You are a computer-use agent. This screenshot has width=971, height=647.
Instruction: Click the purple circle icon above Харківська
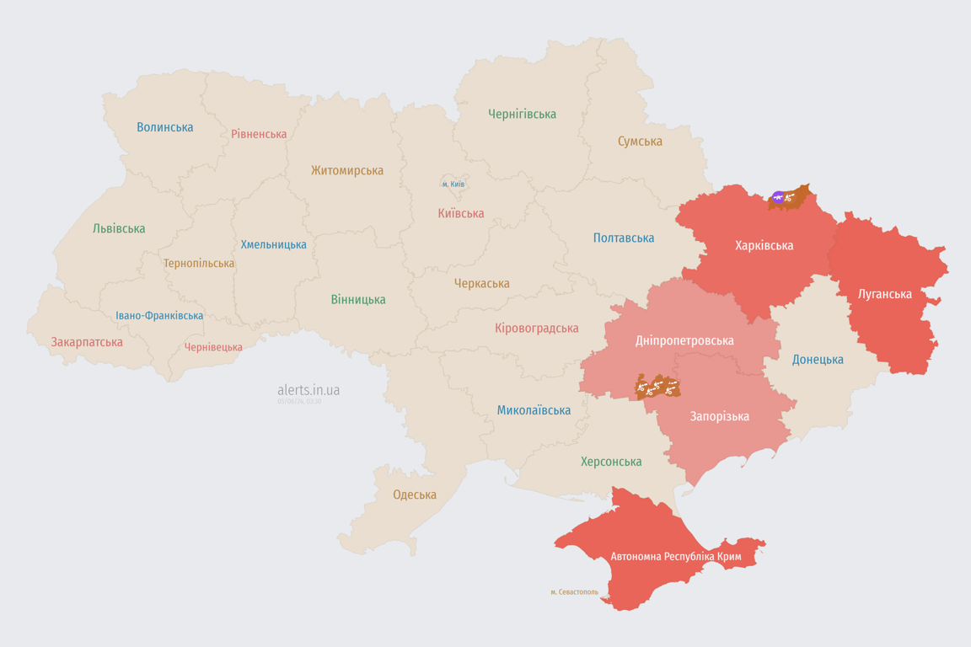[778, 198]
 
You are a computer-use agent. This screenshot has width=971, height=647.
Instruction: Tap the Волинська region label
[165, 127]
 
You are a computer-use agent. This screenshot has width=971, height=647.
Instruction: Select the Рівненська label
[259, 134]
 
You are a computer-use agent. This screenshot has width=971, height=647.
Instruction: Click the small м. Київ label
[453, 184]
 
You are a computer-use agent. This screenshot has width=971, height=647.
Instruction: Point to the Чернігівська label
[522, 114]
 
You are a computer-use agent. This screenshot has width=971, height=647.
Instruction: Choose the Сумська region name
[640, 142]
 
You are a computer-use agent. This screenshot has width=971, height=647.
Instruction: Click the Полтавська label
[624, 238]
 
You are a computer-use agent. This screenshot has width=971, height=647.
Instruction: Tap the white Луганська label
[884, 294]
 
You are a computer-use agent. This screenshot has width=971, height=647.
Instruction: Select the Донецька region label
[818, 360]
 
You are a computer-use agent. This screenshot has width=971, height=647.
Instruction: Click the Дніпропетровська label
[684, 340]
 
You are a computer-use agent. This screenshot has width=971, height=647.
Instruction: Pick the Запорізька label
[719, 416]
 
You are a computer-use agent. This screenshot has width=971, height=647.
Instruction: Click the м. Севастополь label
[574, 592]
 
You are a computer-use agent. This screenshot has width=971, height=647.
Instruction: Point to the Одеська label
[415, 495]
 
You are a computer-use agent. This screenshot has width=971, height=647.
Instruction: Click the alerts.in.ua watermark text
[308, 390]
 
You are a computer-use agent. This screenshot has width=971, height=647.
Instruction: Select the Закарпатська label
[87, 342]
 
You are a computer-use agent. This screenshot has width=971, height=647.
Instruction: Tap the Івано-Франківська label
[159, 316]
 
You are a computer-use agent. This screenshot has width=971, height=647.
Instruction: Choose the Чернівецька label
[213, 347]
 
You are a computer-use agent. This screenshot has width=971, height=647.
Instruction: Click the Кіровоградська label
[537, 328]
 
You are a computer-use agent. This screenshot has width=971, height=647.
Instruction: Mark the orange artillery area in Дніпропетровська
[657, 387]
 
